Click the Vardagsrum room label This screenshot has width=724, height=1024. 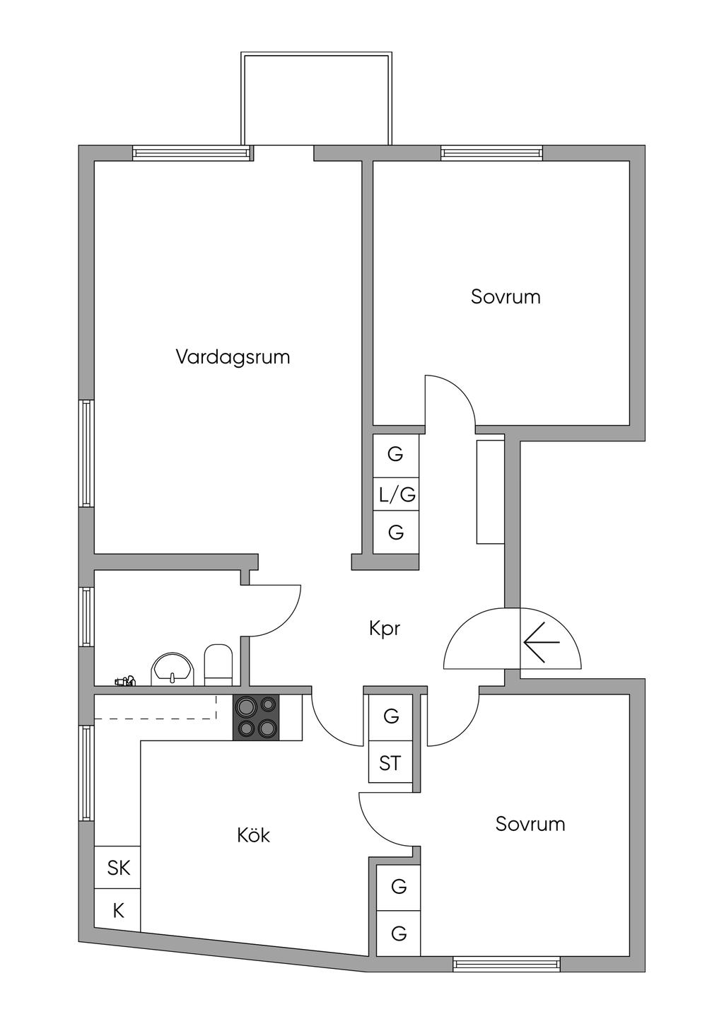point(233,357)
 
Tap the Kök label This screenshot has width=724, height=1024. point(253,836)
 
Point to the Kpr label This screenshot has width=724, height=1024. point(385,629)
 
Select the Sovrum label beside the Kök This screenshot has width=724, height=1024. point(530,825)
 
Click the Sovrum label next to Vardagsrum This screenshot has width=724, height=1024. point(506,297)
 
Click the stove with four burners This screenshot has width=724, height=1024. point(256,717)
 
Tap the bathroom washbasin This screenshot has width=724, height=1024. point(173,668)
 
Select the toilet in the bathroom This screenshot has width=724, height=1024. point(218,664)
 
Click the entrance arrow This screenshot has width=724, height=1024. point(542,642)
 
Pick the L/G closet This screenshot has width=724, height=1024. point(397,495)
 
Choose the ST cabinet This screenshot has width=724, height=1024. point(390,764)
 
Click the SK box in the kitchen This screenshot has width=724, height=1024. point(118,868)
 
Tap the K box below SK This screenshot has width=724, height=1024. point(118,911)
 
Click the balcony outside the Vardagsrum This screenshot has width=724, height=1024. point(315,99)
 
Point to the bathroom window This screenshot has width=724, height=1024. point(86,616)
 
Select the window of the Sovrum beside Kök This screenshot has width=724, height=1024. point(506,962)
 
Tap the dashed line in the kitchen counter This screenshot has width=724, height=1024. point(156,718)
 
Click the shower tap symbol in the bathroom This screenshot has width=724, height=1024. point(124,682)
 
